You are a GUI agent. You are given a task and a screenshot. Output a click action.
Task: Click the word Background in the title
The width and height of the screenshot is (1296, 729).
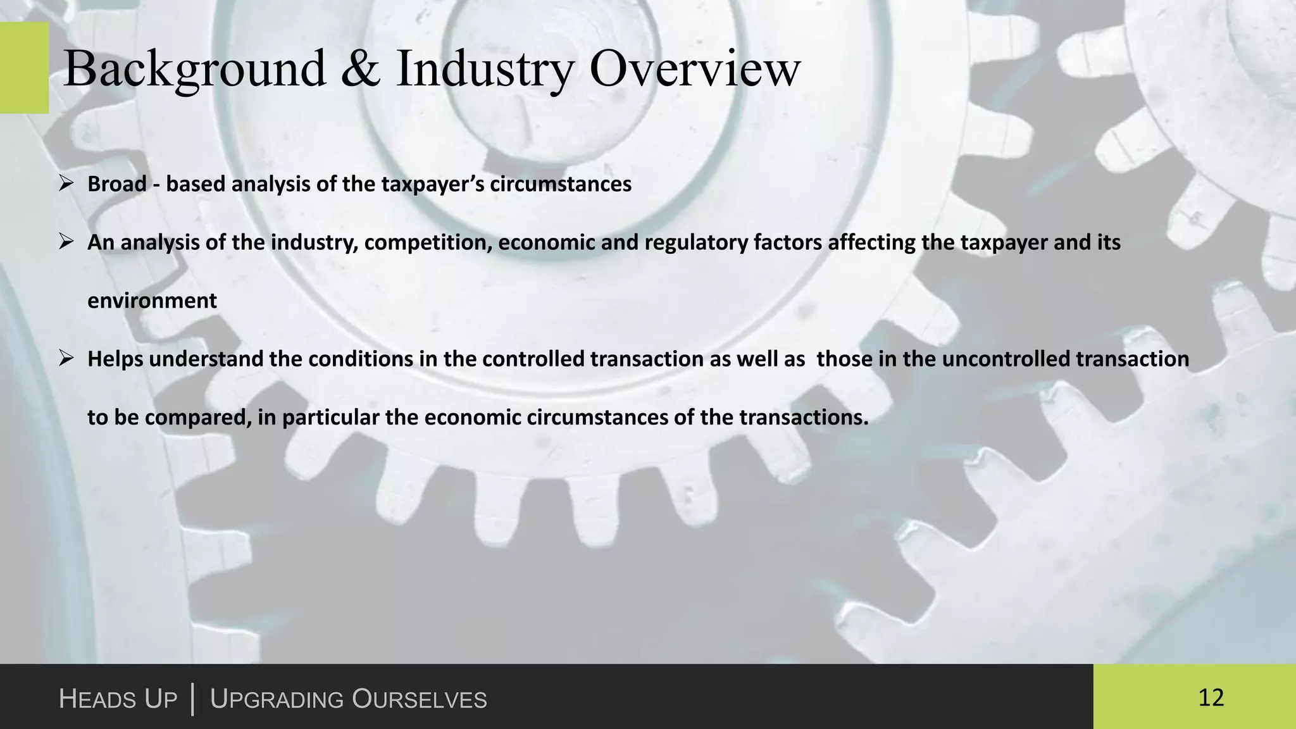pyautogui.click(x=195, y=70)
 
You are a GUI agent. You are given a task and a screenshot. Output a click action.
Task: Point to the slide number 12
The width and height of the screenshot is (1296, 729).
pyautogui.click(x=1211, y=697)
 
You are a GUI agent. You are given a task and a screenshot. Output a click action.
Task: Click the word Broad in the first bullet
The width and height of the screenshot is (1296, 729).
pyautogui.click(x=117, y=184)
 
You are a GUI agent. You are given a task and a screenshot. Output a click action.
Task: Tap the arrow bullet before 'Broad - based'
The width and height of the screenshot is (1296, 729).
pyautogui.click(x=66, y=184)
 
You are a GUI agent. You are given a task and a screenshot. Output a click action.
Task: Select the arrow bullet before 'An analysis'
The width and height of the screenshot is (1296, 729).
pyautogui.click(x=66, y=242)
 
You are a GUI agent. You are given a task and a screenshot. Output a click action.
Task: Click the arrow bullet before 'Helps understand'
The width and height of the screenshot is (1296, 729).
pyautogui.click(x=66, y=359)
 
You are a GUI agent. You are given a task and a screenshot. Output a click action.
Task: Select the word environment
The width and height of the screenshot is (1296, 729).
pyautogui.click(x=152, y=301)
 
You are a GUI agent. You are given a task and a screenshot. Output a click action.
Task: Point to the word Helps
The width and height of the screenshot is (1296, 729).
pyautogui.click(x=115, y=359)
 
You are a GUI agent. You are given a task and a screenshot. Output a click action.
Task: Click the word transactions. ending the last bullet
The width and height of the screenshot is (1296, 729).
pyautogui.click(x=803, y=418)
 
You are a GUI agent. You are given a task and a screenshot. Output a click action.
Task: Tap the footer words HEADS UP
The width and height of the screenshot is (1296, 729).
pyautogui.click(x=118, y=699)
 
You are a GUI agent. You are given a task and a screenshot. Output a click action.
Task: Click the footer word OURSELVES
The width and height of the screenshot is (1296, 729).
pyautogui.click(x=419, y=699)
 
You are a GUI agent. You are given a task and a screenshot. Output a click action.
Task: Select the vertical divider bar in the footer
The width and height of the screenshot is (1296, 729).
pyautogui.click(x=192, y=699)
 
